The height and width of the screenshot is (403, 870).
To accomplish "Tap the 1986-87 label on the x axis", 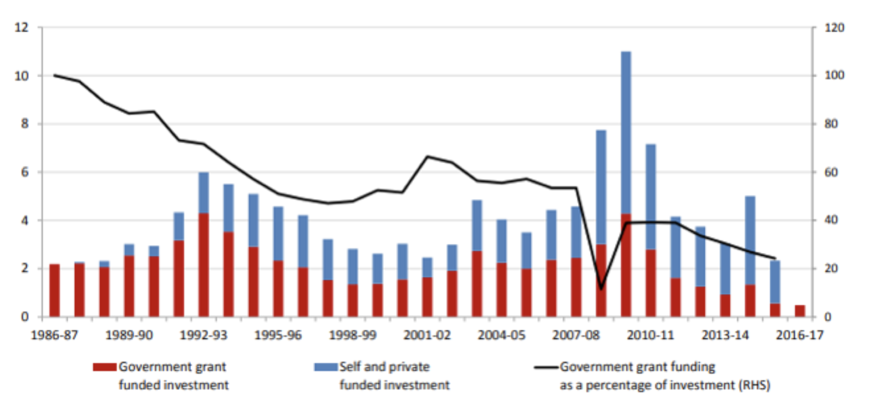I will click(55, 336).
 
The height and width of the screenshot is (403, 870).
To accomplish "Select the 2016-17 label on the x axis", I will click(799, 336).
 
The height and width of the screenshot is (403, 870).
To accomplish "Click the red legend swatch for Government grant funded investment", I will click(105, 367).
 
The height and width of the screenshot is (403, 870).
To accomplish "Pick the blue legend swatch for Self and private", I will click(326, 367).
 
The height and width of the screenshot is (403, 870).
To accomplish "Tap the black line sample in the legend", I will click(546, 368).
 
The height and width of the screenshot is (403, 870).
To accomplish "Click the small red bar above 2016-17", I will click(799, 311).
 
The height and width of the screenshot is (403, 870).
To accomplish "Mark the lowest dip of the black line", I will click(601, 289).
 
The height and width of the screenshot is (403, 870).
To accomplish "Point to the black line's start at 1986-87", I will click(54, 75).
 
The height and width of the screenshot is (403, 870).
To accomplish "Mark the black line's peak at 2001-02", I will click(427, 157).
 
